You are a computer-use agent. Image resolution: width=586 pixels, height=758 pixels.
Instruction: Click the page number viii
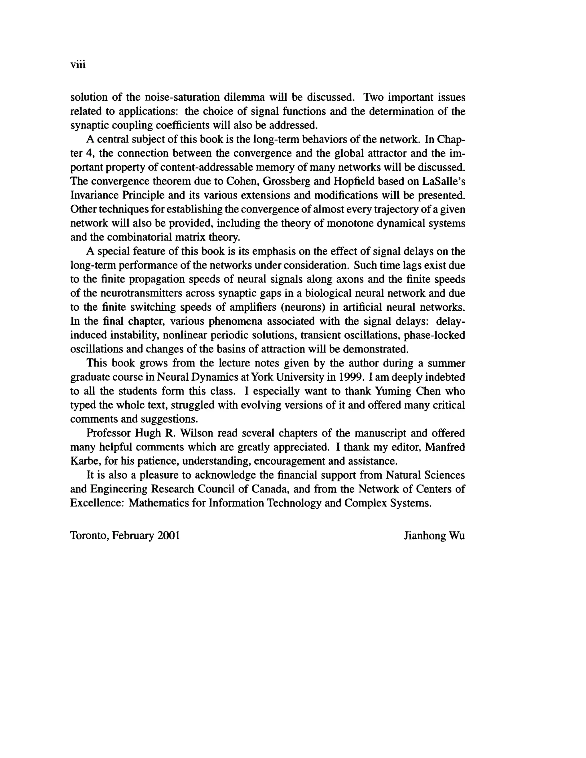click(x=78, y=65)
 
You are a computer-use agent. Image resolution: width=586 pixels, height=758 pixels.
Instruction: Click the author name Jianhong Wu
click(x=434, y=536)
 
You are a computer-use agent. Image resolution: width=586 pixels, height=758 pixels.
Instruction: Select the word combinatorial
click(x=149, y=238)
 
